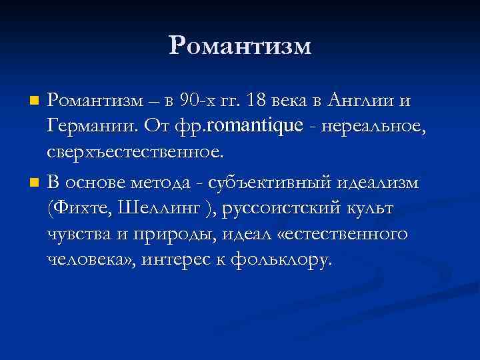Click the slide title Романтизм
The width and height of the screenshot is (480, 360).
click(240, 45)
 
